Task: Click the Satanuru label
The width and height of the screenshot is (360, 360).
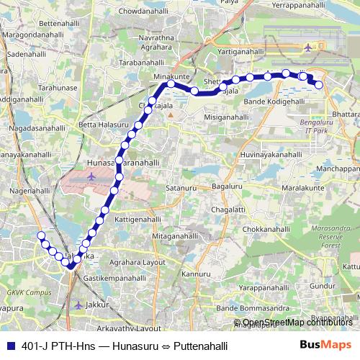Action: click(x=181, y=188)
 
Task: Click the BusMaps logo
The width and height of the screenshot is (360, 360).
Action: click(x=327, y=346)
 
